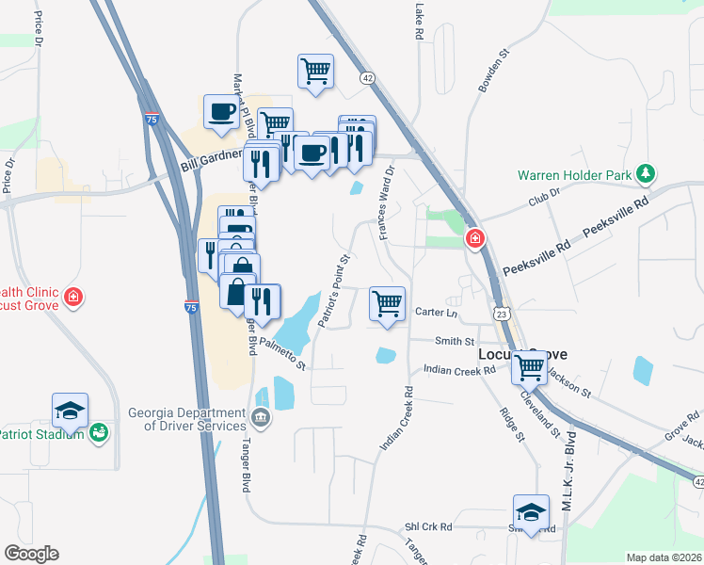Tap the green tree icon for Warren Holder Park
coord(646,173)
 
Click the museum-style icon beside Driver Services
coord(262,418)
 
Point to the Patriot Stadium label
coord(41,435)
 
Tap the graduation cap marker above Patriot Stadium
coord(70,412)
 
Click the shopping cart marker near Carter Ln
coord(388,304)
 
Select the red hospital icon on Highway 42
coord(475,240)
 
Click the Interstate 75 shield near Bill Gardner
coord(152,120)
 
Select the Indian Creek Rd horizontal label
coord(458,371)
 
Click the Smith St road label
coord(455,341)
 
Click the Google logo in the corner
coord(31,554)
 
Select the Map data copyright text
coord(664,557)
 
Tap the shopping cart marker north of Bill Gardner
coord(316,71)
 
